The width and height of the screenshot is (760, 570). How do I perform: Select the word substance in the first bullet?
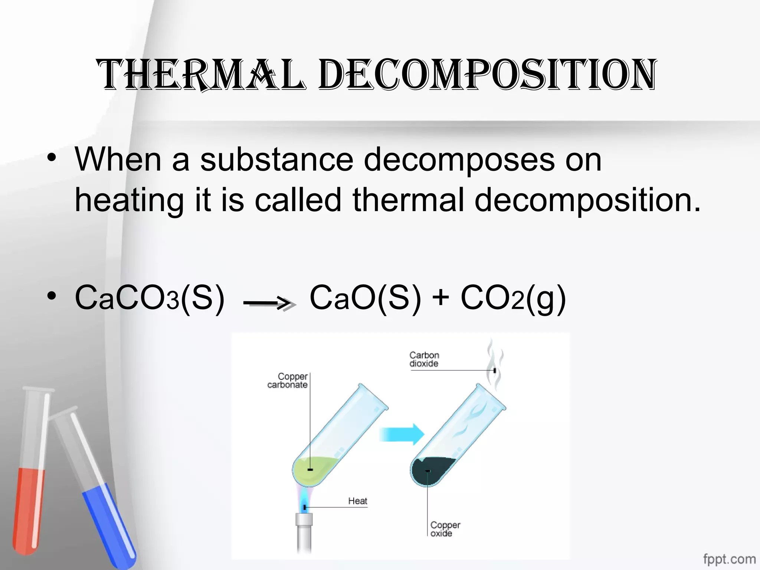pos(276,159)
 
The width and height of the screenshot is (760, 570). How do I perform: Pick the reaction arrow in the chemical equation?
pos(269,304)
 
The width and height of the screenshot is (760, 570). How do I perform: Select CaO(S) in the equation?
pos(366,298)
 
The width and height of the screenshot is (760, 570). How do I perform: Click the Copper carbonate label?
pos(288,380)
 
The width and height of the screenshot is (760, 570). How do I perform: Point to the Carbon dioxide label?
pos(424,359)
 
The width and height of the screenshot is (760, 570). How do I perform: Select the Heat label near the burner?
pos(357,501)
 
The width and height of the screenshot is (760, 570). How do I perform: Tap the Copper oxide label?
pos(445,529)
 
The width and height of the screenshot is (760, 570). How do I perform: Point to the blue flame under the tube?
pos(305,501)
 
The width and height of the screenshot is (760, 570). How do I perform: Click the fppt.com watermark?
pos(729,558)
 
